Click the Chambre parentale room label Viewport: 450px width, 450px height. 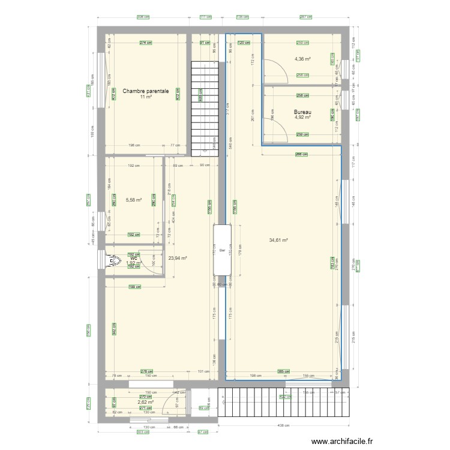(145, 92)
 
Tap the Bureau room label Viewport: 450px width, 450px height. (302, 112)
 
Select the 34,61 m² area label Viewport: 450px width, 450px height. (278, 240)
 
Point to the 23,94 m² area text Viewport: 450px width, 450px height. (178, 259)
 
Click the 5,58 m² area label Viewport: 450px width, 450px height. (133, 200)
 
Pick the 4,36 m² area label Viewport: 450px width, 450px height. (302, 59)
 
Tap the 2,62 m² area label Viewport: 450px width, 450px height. (145, 403)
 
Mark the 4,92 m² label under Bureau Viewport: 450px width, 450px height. (302, 118)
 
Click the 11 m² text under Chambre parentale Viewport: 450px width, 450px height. (145, 97)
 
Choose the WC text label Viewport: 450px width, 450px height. (133, 258)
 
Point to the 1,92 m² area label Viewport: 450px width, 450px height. (133, 263)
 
